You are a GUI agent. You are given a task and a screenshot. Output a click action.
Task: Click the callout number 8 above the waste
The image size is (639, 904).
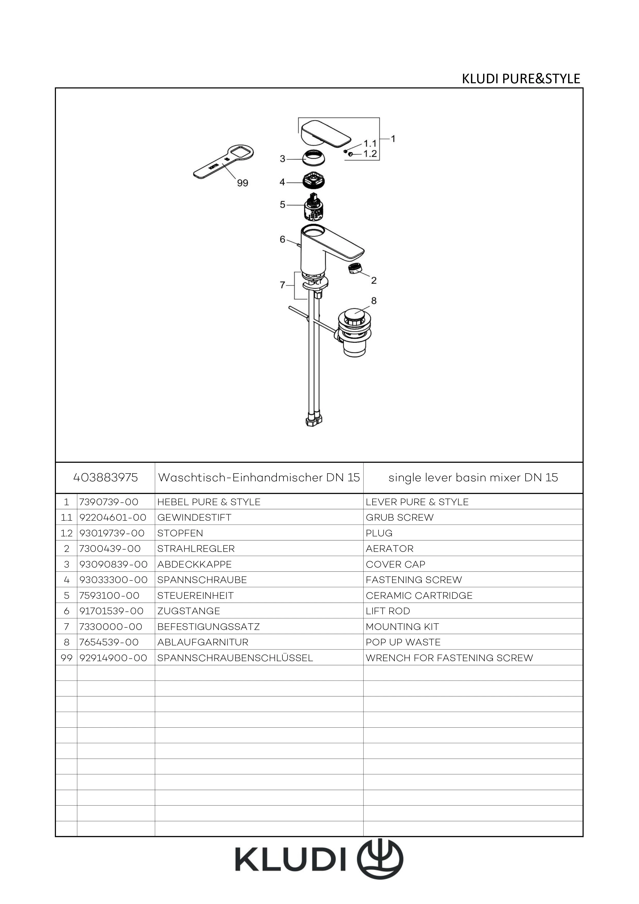coord(374,301)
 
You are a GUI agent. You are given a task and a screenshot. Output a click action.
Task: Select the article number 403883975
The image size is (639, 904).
coord(105,478)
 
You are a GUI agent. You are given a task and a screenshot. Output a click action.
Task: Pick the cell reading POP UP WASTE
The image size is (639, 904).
coord(403,642)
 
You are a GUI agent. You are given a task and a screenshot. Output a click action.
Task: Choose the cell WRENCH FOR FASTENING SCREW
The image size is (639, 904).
coord(449,658)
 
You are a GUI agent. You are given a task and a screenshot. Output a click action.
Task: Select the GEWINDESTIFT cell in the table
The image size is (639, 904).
coord(194,517)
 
